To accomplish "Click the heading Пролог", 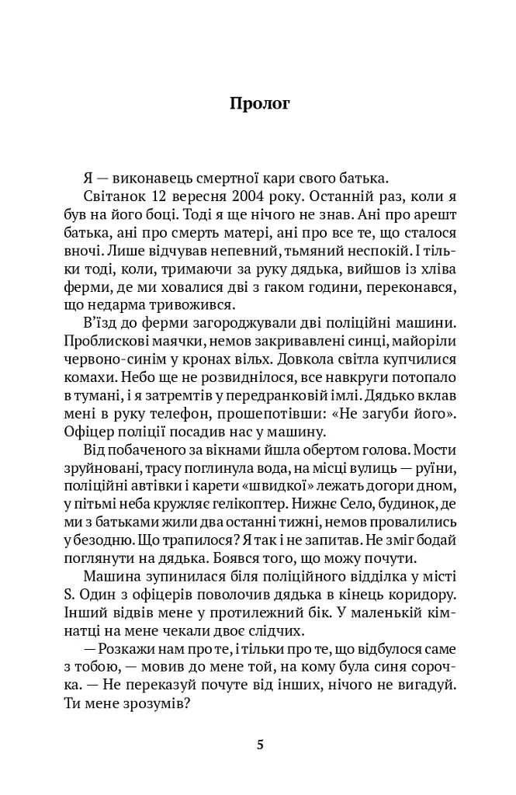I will [260, 104].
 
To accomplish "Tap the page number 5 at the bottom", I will [260, 745].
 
